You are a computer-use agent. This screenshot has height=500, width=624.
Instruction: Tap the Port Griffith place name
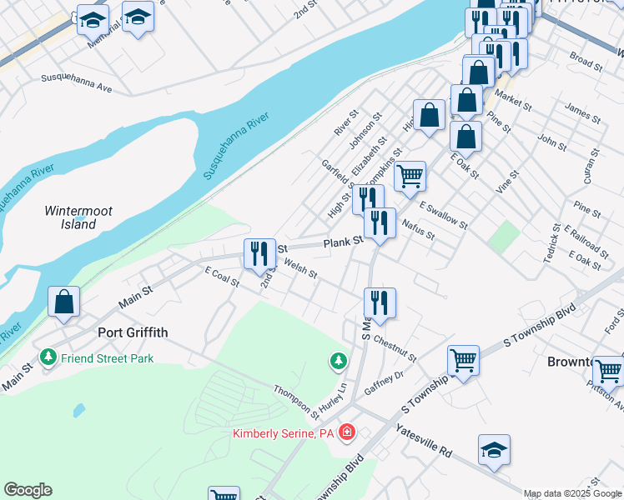pos(133,332)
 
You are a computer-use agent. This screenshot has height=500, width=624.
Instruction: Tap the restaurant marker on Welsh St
pos(259,252)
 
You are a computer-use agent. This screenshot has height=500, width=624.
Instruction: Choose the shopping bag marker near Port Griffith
pos(64,302)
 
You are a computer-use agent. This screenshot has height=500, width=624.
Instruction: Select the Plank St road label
pos(342,241)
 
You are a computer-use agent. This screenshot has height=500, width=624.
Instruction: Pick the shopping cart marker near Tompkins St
pos(410,176)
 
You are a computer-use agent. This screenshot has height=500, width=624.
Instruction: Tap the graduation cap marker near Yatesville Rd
pos(494,450)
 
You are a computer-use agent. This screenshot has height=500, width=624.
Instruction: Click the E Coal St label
pos(222,278)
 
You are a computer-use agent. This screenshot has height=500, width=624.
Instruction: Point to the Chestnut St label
pos(395,347)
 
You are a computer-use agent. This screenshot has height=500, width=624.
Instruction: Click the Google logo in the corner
pos(28,490)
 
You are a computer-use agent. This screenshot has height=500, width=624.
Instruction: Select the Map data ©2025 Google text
pos(571,493)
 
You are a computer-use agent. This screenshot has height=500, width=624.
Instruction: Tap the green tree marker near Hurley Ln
pos(338,361)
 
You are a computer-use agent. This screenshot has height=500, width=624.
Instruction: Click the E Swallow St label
pos(444,214)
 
